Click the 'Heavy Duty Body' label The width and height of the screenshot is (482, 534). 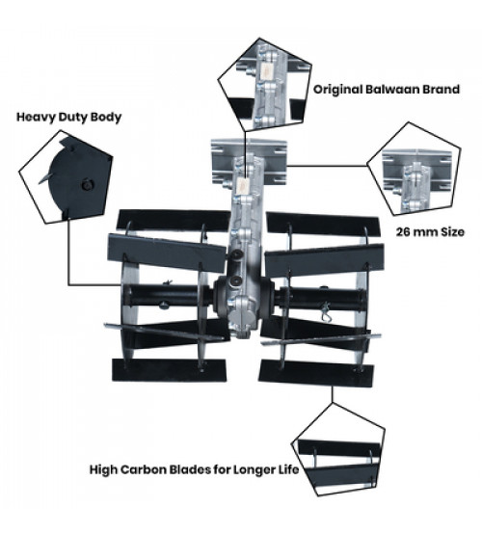68,118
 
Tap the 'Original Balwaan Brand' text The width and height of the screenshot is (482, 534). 387,90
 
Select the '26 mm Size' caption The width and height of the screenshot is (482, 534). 430,232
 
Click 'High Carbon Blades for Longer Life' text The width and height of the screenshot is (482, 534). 194,469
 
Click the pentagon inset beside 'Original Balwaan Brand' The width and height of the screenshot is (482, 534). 264,85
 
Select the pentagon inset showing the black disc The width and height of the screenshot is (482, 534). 67,177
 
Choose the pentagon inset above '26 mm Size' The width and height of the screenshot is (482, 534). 414,171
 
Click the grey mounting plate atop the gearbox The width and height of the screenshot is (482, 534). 249,162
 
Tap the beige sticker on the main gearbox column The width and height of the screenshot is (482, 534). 242,186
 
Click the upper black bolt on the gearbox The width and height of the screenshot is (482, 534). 237,254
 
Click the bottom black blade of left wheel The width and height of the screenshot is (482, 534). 170,370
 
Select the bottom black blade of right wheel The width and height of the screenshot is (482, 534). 316,374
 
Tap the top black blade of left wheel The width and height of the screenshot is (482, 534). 174,220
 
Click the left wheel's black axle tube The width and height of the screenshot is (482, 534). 164,296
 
